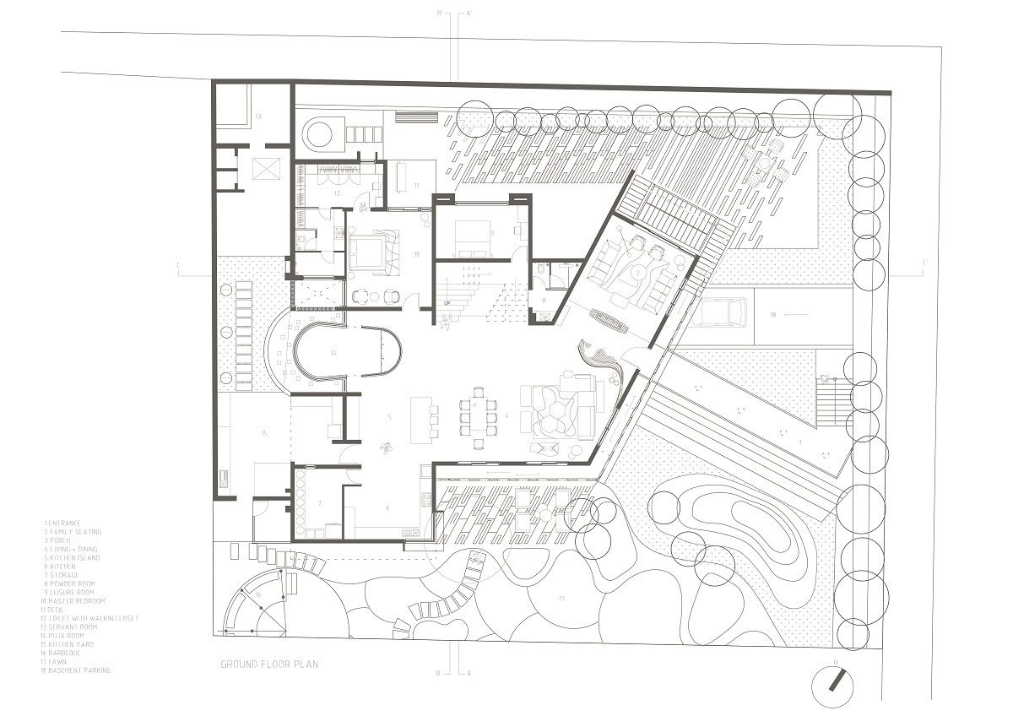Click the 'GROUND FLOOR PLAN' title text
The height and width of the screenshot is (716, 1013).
[269, 664]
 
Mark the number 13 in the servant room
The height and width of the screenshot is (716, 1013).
[259, 115]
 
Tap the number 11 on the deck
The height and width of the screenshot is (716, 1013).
[416, 183]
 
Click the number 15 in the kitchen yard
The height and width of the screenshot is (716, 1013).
[264, 433]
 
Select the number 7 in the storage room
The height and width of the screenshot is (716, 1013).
[319, 503]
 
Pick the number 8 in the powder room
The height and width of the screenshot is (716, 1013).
[544, 300]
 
